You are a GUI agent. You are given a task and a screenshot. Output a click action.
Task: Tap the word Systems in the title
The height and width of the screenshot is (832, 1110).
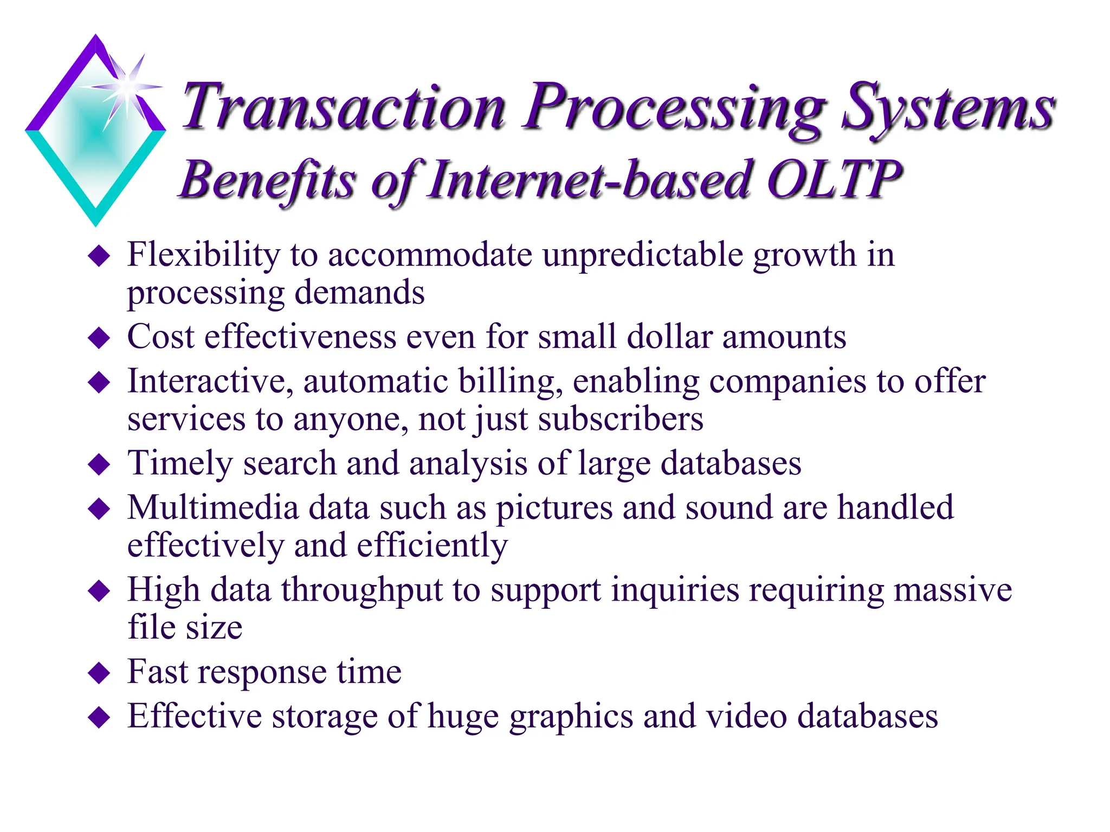click(x=947, y=108)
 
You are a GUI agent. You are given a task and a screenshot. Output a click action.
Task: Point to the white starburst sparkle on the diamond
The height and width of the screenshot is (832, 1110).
click(x=127, y=87)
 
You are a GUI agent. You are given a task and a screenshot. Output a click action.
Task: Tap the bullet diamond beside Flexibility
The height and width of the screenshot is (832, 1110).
click(x=99, y=256)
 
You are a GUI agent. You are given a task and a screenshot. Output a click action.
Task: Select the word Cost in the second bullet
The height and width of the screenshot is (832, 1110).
click(x=160, y=337)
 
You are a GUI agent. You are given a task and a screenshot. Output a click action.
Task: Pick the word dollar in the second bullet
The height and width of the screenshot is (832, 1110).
click(x=669, y=337)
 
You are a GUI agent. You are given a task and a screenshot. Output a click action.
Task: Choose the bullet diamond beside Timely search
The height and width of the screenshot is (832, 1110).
click(x=99, y=465)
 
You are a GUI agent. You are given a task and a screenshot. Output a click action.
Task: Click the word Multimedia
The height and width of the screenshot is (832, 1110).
click(x=213, y=508)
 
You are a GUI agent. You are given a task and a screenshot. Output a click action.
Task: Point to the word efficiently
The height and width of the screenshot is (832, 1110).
click(x=432, y=546)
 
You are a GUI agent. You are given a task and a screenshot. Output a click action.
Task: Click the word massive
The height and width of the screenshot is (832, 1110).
click(x=952, y=590)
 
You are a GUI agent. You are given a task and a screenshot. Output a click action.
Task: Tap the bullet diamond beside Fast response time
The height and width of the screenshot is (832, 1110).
click(x=99, y=673)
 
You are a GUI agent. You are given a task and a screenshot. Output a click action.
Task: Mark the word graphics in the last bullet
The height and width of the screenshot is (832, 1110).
click(x=571, y=717)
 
